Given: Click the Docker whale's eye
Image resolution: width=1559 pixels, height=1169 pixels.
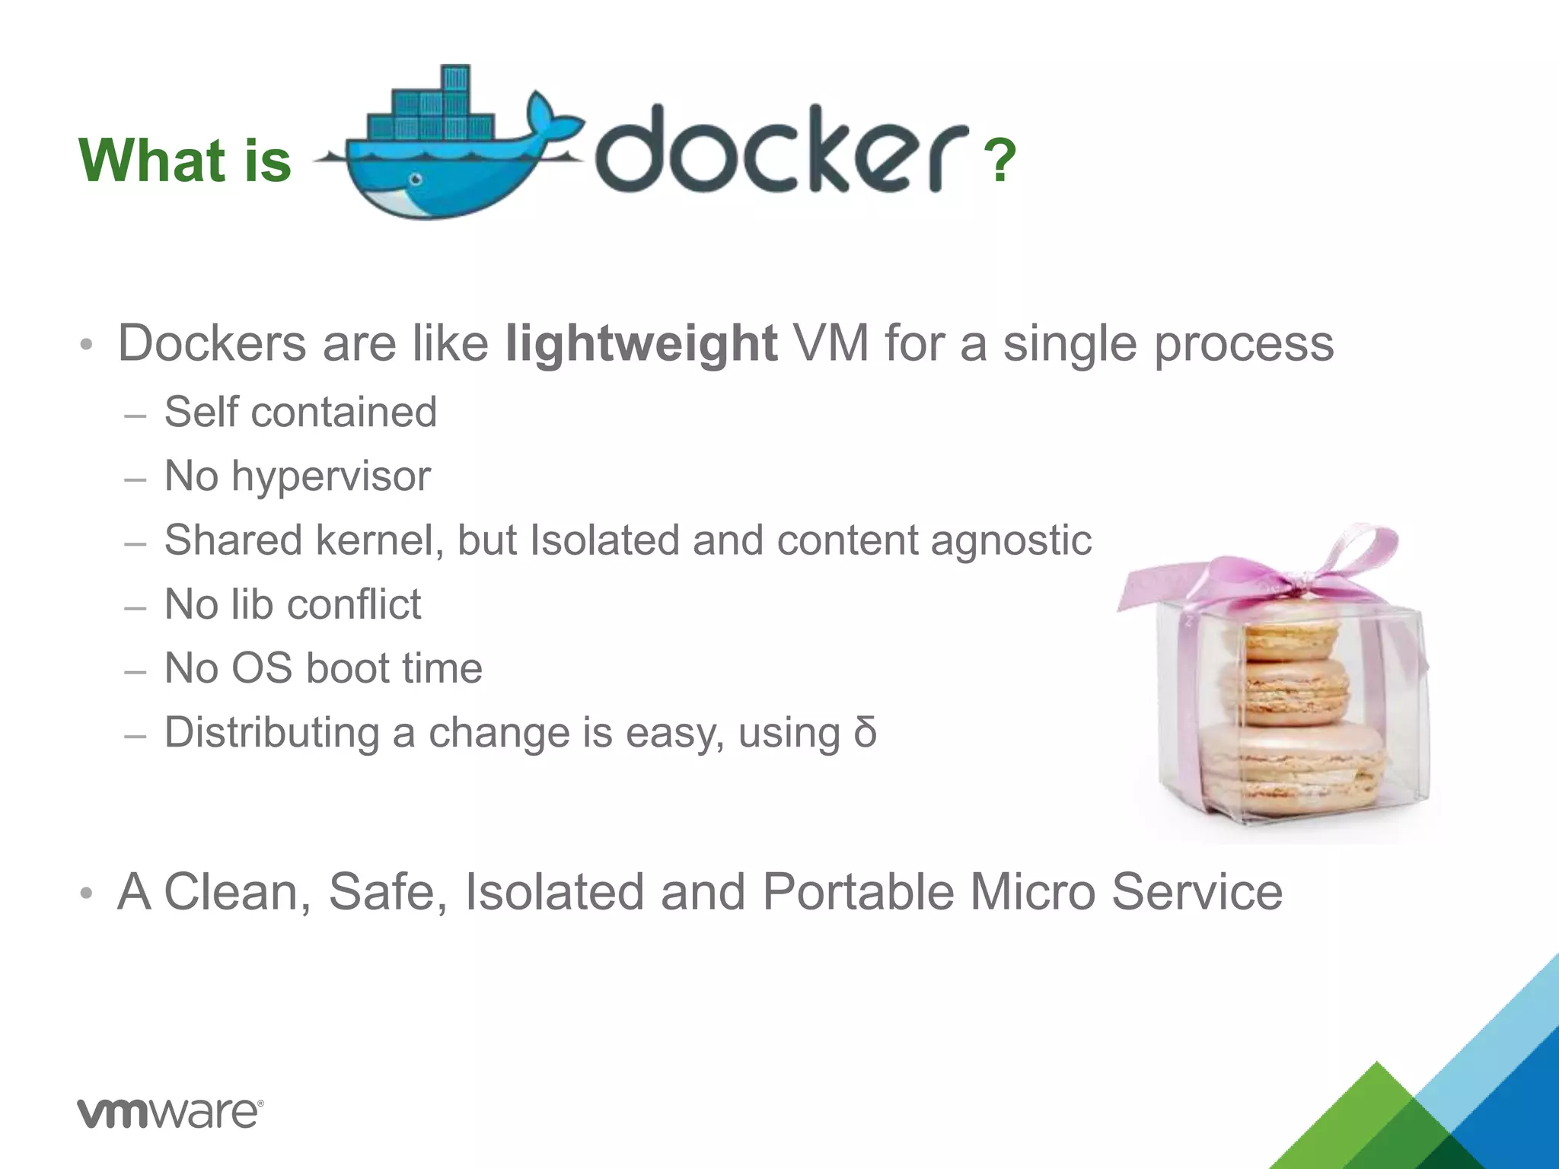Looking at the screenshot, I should click(416, 180).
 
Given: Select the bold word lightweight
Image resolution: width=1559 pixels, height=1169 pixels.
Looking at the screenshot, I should click(641, 343).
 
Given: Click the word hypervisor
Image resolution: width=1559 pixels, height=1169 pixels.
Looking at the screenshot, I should click(330, 476).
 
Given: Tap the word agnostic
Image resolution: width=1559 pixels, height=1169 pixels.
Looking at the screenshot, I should click(1011, 541).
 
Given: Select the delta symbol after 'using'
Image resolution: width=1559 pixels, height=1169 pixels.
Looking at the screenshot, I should click(865, 732).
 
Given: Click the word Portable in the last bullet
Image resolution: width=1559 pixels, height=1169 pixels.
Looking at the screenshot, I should click(858, 891).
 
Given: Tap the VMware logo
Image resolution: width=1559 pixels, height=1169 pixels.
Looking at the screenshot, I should click(171, 1113).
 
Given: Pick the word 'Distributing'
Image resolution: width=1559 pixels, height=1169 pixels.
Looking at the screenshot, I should click(272, 732).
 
